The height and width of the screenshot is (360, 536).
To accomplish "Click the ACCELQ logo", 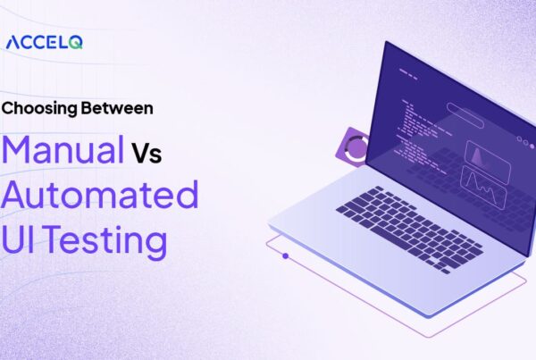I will (x=44, y=42).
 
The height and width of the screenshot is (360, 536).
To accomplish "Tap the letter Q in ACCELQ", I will (x=77, y=42).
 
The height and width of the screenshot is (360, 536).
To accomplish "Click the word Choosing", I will (x=36, y=109).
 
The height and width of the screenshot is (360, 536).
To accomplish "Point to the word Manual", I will (x=64, y=149).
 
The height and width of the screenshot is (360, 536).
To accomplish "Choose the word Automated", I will (x=100, y=194).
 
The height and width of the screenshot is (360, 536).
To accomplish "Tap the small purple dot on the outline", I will (x=285, y=255).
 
